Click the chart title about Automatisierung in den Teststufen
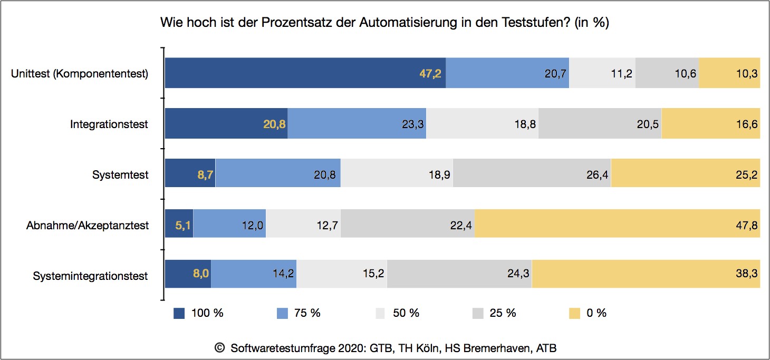pos(384,24)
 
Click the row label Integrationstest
pos(109,124)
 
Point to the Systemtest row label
pos(120,174)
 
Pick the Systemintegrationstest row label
pos(90,276)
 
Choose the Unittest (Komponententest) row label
pos(80,74)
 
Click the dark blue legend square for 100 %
pos(179,314)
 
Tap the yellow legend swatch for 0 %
pos(575,314)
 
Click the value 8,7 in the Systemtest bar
pos(205,175)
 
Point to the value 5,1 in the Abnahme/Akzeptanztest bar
pos(183,226)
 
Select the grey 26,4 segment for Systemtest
pos(532,173)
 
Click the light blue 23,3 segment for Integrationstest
pos(357,124)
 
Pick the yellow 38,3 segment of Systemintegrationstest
pos(646,274)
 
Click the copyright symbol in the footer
pos(220,348)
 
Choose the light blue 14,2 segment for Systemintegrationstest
pos(253,274)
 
